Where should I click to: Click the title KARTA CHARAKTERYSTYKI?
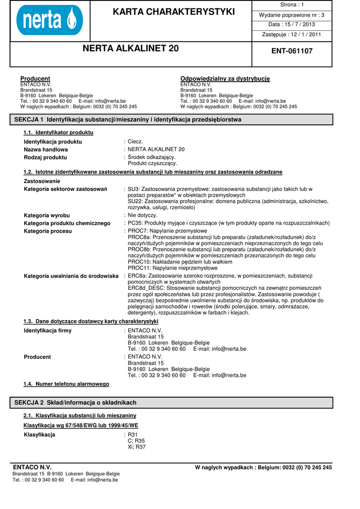coord(174,11)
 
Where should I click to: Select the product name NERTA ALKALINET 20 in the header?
coord(130,49)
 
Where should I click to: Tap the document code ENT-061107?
coord(292,51)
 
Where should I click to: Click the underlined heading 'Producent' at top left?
coord(35,79)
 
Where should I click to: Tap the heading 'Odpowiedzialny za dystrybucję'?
coord(225,79)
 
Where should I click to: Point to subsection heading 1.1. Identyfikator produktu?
coord(58,133)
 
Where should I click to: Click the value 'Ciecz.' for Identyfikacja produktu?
coord(135,142)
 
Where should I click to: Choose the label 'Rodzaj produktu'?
coord(45,157)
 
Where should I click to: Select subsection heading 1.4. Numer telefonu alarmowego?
coord(66,384)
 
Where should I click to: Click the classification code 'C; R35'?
coord(136,441)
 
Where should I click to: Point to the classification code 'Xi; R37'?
coord(137,447)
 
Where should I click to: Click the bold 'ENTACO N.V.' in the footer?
coord(32,467)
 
